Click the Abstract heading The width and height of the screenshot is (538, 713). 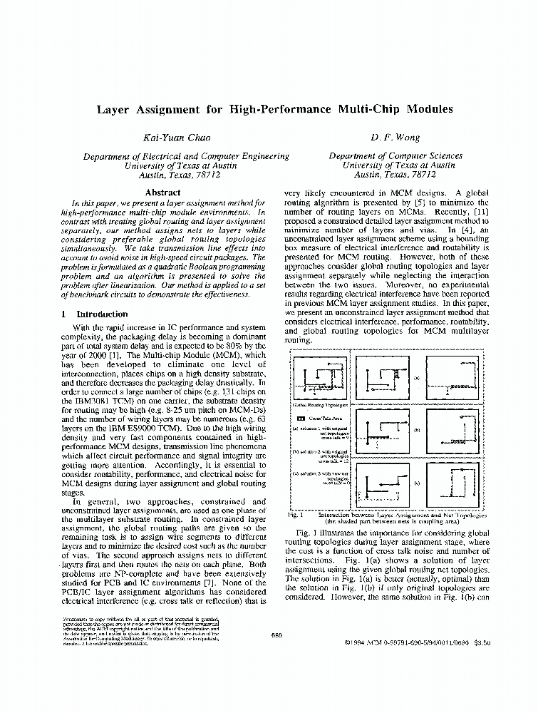[x=162, y=193]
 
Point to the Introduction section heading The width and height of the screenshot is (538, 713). [x=102, y=314]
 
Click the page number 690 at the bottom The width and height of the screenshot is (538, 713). [x=278, y=635]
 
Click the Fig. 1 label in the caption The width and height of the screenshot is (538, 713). [x=296, y=514]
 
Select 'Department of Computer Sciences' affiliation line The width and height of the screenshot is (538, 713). [x=395, y=156]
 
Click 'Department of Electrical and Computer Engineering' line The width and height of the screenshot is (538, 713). [x=186, y=156]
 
